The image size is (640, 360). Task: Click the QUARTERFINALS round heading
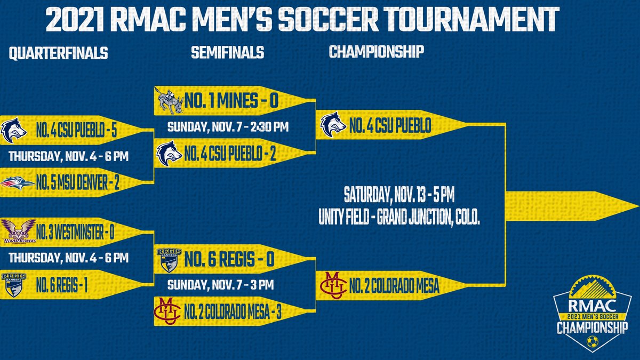pos(59,53)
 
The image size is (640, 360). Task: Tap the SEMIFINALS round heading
pos(228,52)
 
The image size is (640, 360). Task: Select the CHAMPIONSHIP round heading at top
pos(377,52)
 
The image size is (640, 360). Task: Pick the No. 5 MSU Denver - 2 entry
pos(78,184)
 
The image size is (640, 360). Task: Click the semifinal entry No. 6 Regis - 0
pos(229,259)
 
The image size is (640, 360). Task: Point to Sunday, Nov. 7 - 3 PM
pos(220,285)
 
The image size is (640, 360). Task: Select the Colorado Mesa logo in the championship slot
pos(333,285)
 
